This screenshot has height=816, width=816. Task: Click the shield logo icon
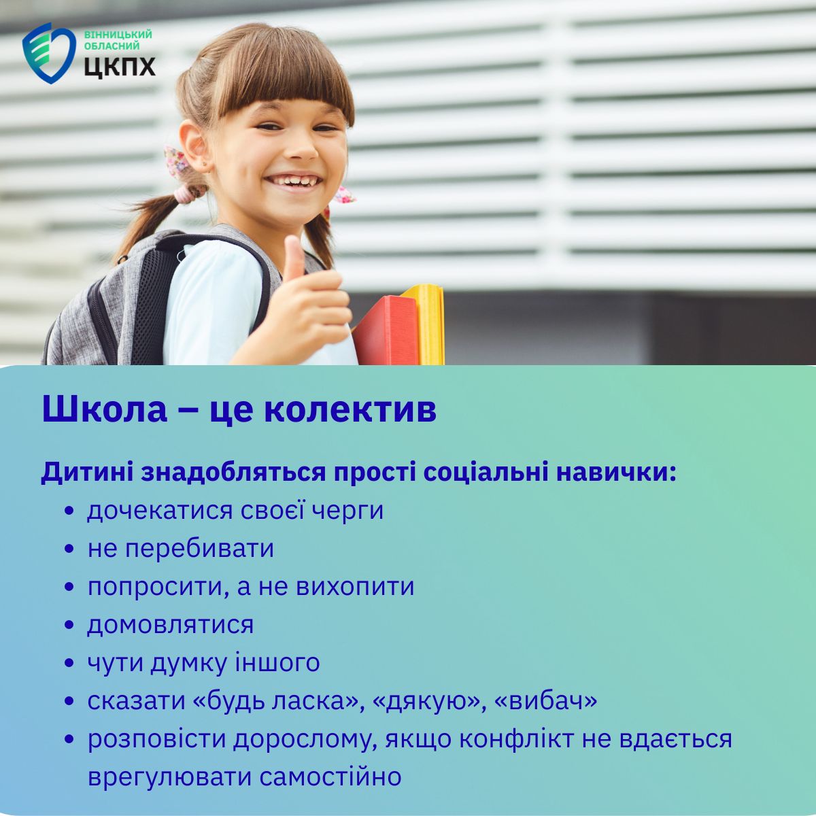[49, 53]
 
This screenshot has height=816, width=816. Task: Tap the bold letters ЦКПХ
[120, 66]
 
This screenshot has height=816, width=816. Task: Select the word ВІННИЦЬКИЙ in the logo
[118, 35]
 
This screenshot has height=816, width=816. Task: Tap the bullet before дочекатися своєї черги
[69, 511]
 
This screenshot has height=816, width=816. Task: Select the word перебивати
[199, 548]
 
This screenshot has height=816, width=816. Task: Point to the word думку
[189, 664]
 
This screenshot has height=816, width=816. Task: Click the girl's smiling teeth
[294, 182]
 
